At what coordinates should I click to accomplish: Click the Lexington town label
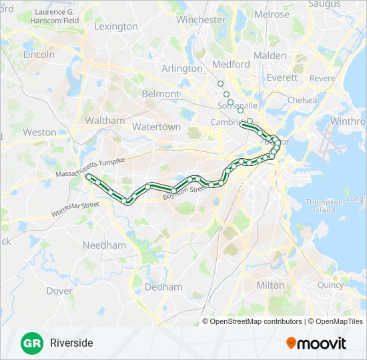[x=116, y=27]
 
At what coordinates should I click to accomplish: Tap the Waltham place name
[x=105, y=121]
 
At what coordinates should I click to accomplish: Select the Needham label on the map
[x=104, y=245]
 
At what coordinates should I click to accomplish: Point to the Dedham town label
[x=163, y=287]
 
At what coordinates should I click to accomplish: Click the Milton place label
[x=270, y=285]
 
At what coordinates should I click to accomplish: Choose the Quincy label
[x=330, y=285]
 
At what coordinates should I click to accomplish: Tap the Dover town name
[x=59, y=291]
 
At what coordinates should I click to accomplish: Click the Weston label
[x=39, y=132]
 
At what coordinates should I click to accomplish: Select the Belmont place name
[x=161, y=94]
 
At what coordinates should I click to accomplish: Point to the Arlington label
[x=181, y=68]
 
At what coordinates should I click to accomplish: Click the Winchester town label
[x=201, y=20]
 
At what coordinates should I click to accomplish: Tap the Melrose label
[x=272, y=14]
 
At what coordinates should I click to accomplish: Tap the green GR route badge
[x=31, y=343]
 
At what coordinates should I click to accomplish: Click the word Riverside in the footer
[x=71, y=343]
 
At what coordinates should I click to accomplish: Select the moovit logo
[x=316, y=343]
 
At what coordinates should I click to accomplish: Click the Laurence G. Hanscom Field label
[x=57, y=16]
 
